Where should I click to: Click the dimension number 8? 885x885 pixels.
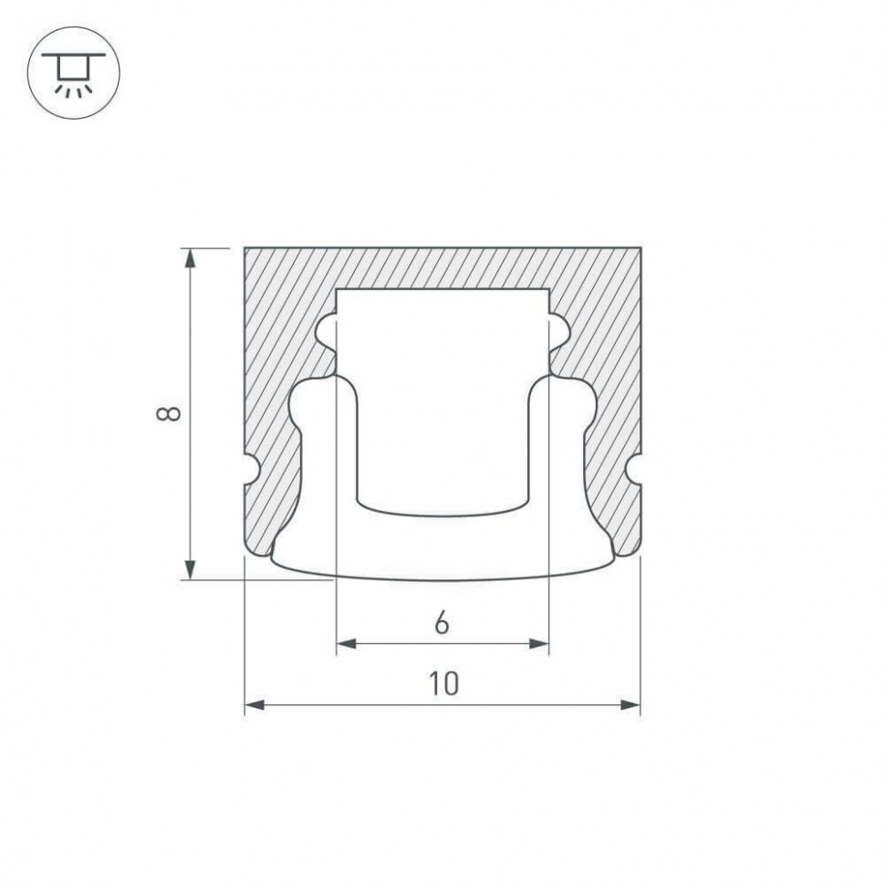tap(168, 413)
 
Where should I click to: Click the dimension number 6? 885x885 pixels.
tap(442, 623)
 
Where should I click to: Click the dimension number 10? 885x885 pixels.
tap(444, 683)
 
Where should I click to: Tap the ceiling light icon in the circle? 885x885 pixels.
tap(73, 73)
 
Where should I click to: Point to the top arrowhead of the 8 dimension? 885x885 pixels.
tap(191, 258)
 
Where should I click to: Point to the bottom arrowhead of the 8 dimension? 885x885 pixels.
tap(191, 569)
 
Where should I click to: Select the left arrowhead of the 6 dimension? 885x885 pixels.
tap(347, 643)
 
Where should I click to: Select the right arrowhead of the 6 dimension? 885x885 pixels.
tap(539, 643)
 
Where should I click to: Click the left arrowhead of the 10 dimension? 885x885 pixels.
tap(255, 704)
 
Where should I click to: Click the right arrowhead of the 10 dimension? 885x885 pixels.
tap(630, 704)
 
